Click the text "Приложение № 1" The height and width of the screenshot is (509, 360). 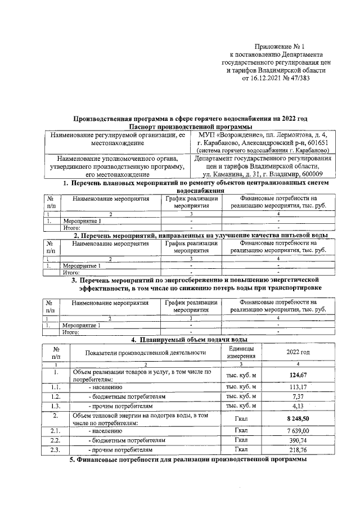click(279, 47)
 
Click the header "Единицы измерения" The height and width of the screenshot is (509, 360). click(240, 352)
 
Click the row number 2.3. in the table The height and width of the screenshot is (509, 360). click(56, 450)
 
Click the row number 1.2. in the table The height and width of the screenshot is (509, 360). click(56, 397)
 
